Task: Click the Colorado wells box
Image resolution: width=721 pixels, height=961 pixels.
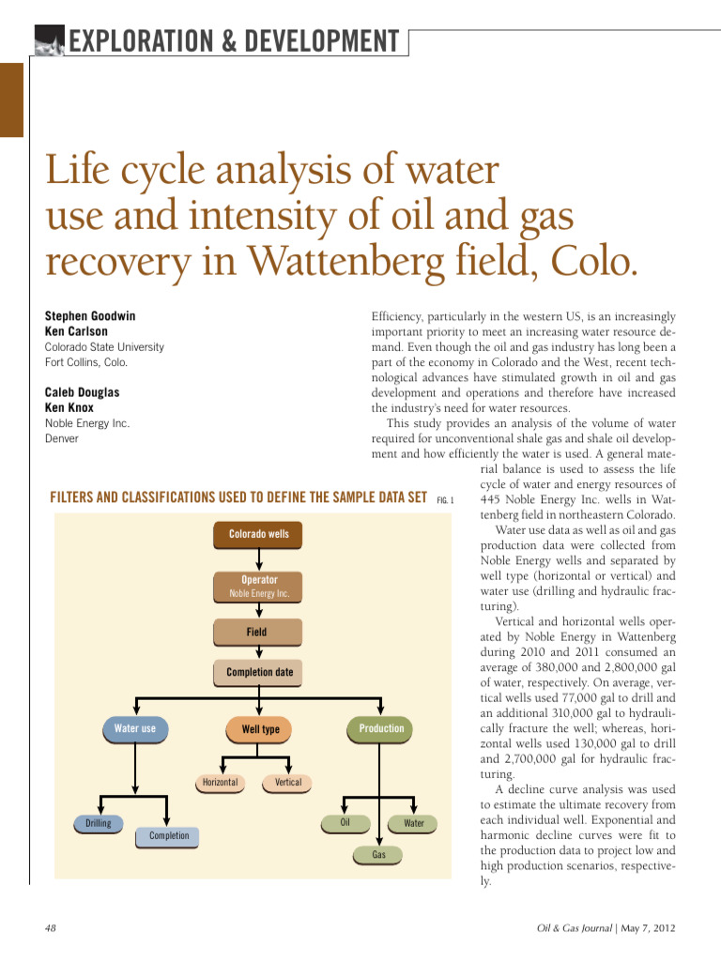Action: [x=259, y=535]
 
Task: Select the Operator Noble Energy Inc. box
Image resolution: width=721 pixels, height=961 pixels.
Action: [x=259, y=586]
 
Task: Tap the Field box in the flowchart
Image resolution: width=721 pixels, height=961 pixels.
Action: [x=257, y=633]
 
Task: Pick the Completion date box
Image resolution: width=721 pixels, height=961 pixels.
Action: [x=259, y=673]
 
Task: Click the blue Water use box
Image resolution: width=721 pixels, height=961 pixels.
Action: [x=135, y=729]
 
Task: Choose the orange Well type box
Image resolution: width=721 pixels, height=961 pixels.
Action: [x=260, y=729]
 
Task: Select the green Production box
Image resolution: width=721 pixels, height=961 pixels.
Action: [x=381, y=729]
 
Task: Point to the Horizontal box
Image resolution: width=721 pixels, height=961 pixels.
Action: [x=220, y=783]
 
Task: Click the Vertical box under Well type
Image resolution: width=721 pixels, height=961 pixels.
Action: [x=288, y=783]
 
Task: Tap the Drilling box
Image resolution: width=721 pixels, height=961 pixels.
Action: [x=99, y=824]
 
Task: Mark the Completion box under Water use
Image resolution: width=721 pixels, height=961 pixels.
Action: [x=169, y=836]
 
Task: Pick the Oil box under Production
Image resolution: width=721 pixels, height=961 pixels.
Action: [x=345, y=823]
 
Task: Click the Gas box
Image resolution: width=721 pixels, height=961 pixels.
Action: [x=379, y=855]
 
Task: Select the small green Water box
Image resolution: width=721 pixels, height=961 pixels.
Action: [x=414, y=824]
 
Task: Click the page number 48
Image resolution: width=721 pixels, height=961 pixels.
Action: [x=52, y=928]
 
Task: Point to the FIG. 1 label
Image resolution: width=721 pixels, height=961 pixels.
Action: [x=445, y=499]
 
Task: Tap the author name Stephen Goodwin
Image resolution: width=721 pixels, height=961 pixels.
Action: [x=90, y=316]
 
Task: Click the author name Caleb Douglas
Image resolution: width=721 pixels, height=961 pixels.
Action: [x=83, y=392]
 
